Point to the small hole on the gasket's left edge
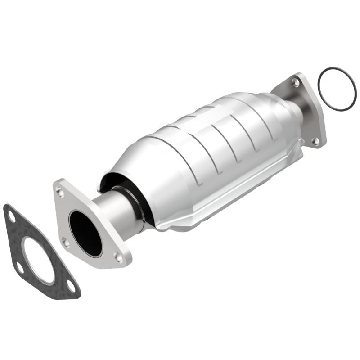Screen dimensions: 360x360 pos(20,269)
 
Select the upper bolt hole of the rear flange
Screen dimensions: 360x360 pos(295,82)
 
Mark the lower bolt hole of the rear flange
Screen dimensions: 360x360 pos(316,140)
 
